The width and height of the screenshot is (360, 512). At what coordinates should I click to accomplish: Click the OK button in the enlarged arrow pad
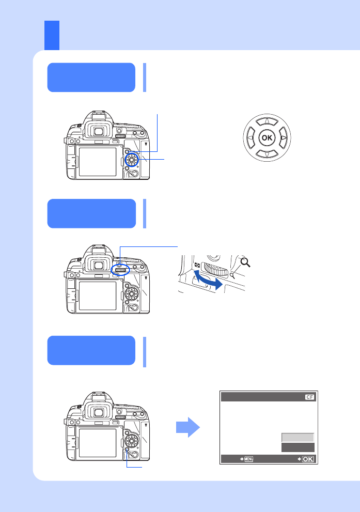267,137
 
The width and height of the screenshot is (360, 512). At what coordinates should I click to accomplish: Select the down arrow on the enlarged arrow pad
267,154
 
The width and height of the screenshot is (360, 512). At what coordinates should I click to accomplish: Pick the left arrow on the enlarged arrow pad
251,138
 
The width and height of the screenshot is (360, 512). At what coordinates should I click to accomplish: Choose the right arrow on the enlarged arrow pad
284,138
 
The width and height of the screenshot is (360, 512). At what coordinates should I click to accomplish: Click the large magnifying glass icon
245,262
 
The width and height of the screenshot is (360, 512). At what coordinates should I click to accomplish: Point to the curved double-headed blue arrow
208,280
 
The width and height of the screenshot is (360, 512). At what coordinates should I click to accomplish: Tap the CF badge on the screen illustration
309,397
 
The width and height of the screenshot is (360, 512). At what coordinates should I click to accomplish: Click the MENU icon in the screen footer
248,459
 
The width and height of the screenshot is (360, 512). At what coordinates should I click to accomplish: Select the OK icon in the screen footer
308,459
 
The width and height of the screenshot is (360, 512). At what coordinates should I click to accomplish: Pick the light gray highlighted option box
298,438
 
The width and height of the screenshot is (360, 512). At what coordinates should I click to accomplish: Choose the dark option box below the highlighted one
298,447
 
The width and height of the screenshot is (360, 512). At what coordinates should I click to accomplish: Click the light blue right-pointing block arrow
187,427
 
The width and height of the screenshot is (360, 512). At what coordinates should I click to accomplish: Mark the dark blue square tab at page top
52,35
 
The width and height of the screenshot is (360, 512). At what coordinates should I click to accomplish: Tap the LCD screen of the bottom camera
98,443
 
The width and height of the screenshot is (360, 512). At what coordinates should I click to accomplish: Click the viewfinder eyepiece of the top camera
98,131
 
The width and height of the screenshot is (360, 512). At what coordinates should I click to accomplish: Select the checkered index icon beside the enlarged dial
197,265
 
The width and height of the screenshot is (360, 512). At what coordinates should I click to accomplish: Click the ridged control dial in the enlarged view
215,270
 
